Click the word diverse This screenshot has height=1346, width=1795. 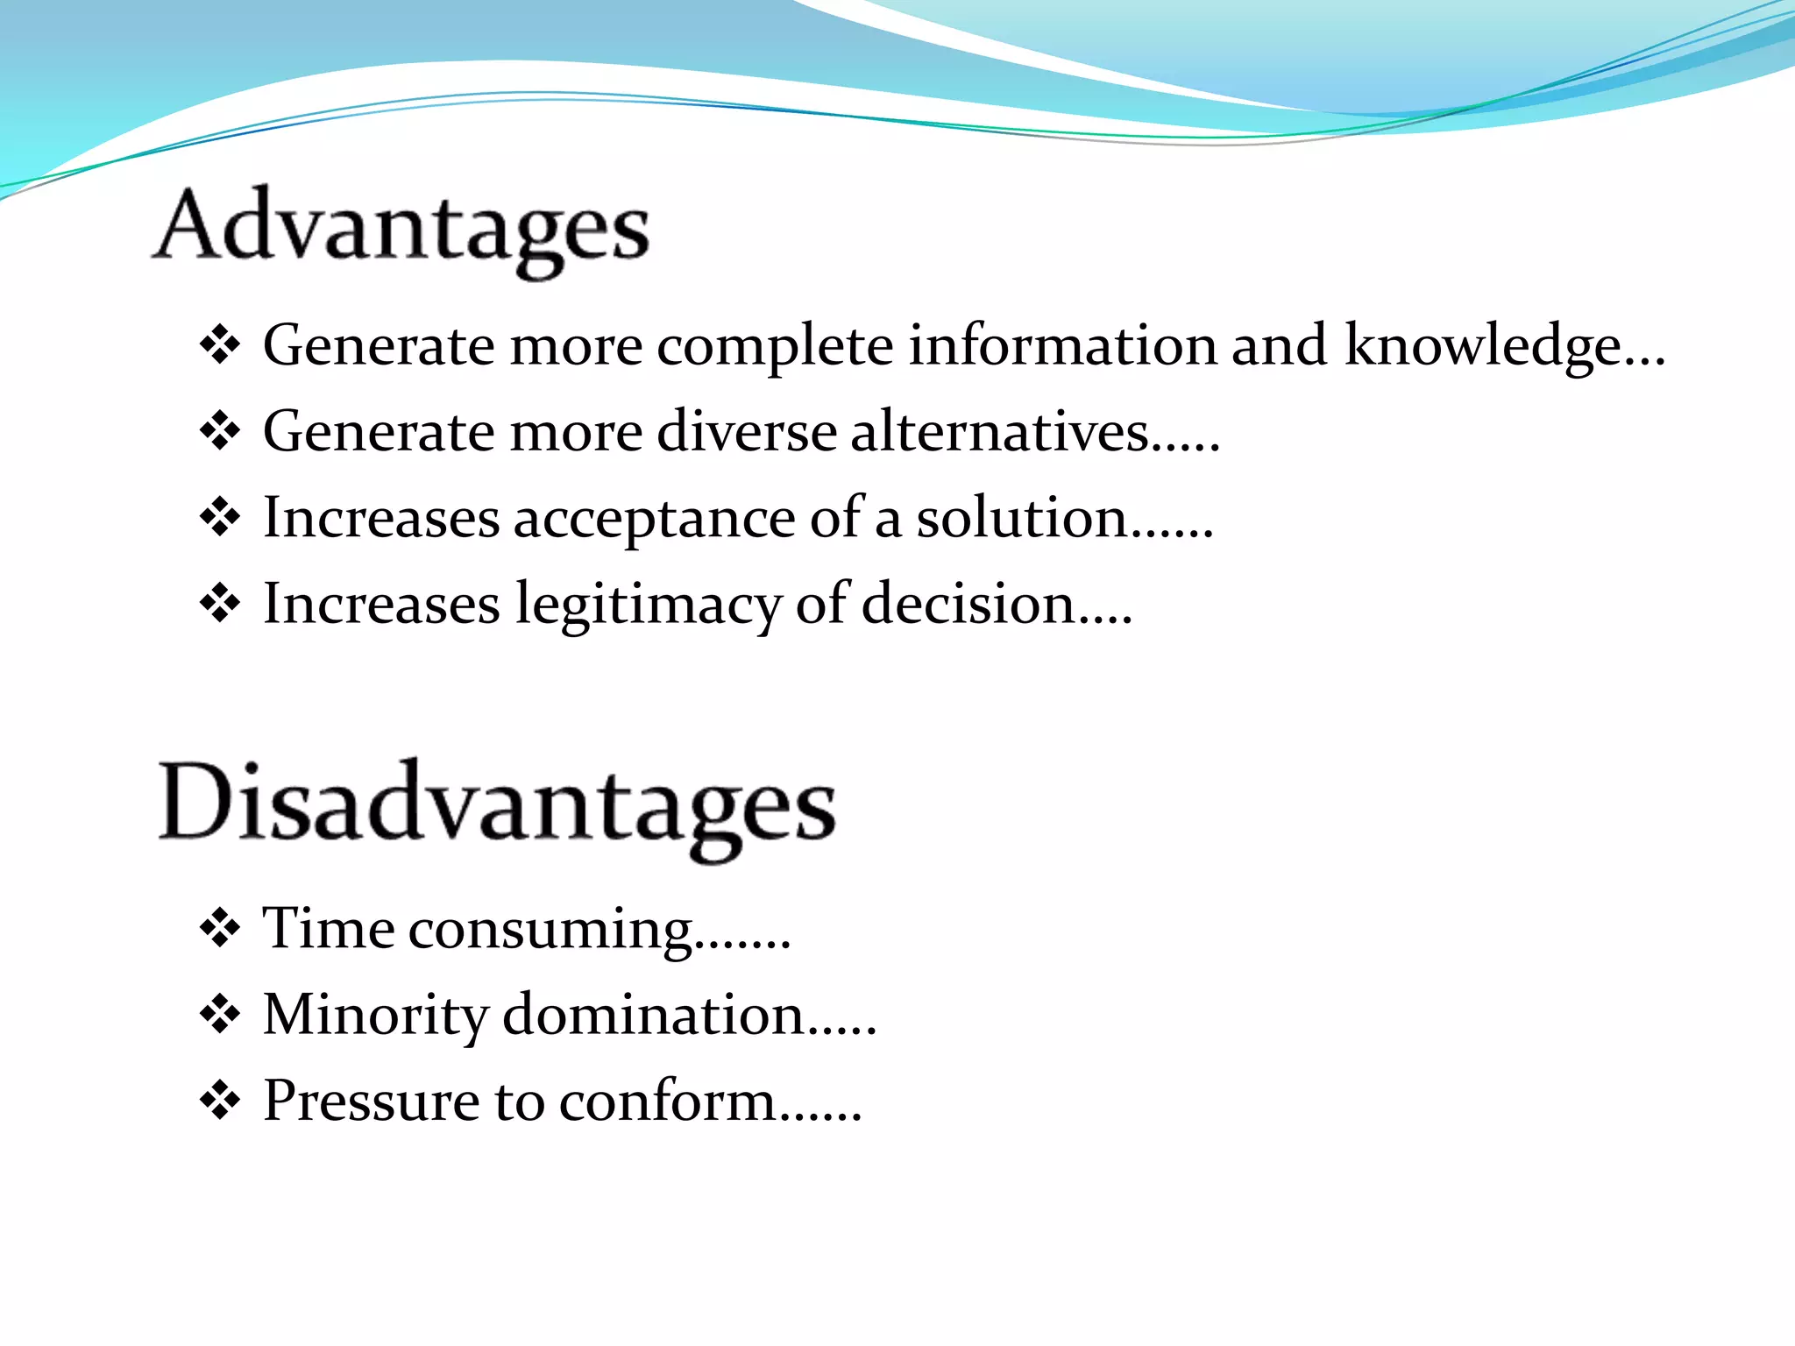pyautogui.click(x=747, y=431)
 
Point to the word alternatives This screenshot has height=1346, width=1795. pyautogui.click(x=1000, y=431)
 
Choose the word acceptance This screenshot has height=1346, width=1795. pyautogui.click(x=654, y=518)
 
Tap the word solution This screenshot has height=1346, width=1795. pyautogui.click(x=1022, y=518)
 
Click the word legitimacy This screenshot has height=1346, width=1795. pyautogui.click(x=648, y=605)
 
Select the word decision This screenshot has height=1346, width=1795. pyautogui.click(x=968, y=605)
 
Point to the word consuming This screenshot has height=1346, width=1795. pyautogui.click(x=551, y=929)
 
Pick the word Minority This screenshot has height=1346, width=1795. pyautogui.click(x=375, y=1015)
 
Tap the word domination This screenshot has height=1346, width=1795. pyautogui.click(x=654, y=1015)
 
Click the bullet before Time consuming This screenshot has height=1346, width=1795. pyautogui.click(x=220, y=929)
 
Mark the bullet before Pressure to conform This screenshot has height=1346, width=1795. pyautogui.click(x=220, y=1102)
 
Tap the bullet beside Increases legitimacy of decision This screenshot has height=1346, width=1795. pyautogui.click(x=220, y=605)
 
